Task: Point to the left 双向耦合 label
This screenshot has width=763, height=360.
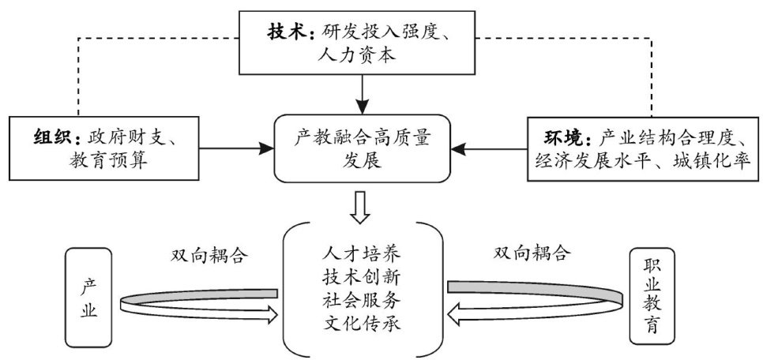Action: pos(208,254)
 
